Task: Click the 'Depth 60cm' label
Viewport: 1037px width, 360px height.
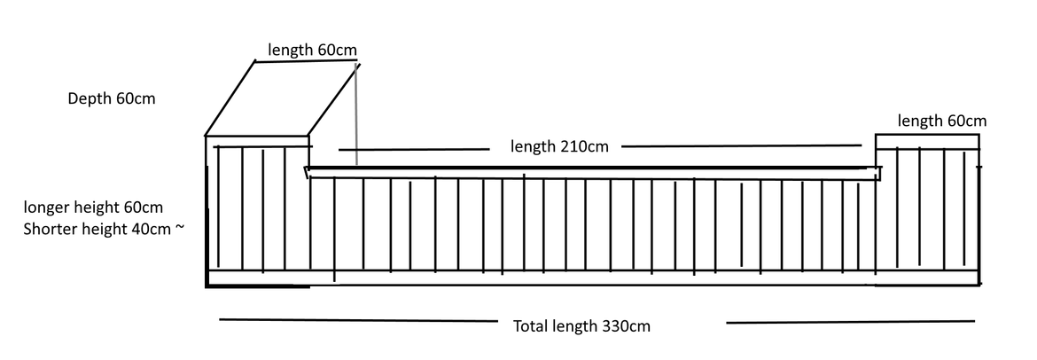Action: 112,98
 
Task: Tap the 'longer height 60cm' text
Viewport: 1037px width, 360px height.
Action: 93,207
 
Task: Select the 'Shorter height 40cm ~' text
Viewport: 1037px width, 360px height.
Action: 104,229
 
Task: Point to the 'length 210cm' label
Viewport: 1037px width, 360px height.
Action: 559,146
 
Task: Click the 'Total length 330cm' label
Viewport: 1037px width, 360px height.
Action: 582,326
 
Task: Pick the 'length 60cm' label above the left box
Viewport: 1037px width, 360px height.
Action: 312,50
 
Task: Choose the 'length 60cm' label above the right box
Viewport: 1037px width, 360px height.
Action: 942,121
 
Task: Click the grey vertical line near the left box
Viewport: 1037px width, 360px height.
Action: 356,113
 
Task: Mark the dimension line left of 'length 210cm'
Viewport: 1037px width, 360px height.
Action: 414,150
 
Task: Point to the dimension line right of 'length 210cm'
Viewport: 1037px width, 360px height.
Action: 741,145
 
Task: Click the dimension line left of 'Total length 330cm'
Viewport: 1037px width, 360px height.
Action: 358,321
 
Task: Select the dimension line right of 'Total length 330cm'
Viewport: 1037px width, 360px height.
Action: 851,322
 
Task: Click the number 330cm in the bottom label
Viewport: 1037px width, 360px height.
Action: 626,326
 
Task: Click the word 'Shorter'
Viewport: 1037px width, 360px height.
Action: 50,229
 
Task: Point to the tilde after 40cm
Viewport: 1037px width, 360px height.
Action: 180,229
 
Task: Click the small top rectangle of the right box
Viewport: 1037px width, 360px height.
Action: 927,141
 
